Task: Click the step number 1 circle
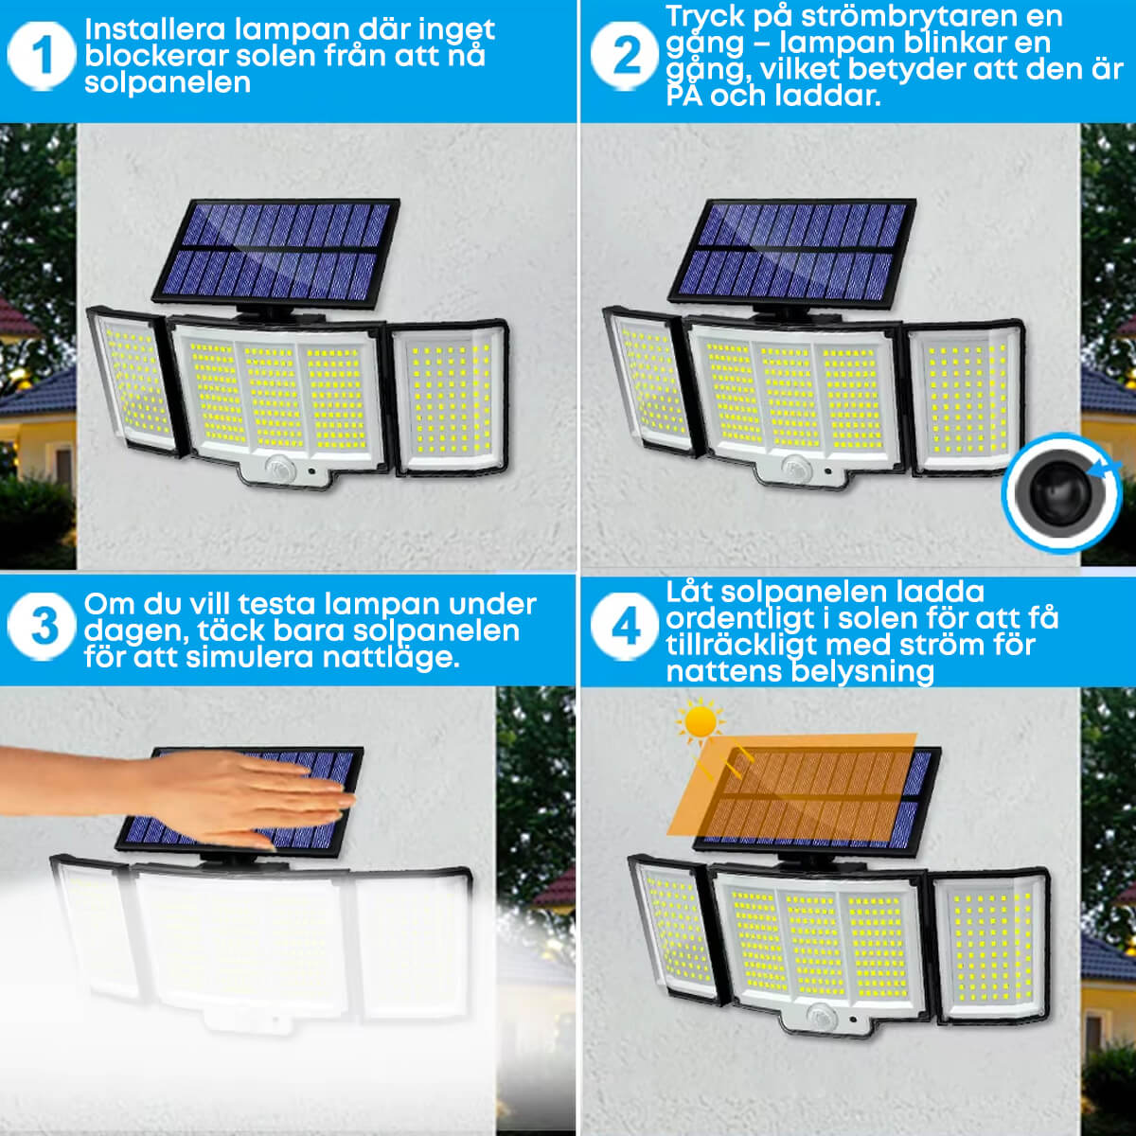click(42, 57)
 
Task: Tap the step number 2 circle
click(624, 57)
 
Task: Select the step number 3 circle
click(42, 627)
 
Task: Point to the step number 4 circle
click(624, 627)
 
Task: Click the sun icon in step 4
click(701, 721)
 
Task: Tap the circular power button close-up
click(1061, 493)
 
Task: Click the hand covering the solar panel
click(177, 790)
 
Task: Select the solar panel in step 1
click(275, 254)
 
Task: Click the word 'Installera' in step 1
click(155, 29)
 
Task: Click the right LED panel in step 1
click(450, 398)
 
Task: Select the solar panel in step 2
click(792, 254)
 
